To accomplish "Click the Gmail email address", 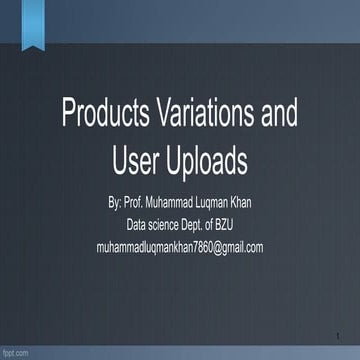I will point(180,246).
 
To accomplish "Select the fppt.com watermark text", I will point(15,353).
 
